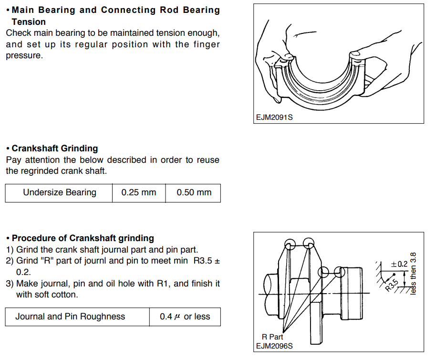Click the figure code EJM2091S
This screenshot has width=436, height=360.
(274, 117)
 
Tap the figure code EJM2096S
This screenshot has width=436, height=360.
(274, 346)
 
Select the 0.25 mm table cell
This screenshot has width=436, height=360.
(139, 193)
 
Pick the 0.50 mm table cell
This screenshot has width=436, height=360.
(194, 193)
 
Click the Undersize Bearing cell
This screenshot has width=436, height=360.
(60, 193)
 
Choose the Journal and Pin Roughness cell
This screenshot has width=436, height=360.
(70, 317)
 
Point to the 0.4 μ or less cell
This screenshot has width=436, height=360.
(185, 317)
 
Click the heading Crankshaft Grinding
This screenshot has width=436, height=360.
(55, 148)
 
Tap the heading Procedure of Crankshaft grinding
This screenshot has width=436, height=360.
(83, 238)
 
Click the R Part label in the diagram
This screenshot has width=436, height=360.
(272, 337)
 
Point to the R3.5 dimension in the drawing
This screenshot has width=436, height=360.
(392, 285)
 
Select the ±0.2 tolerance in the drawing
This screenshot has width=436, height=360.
(399, 264)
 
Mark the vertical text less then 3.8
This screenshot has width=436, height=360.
(413, 273)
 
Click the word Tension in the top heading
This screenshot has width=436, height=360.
(29, 22)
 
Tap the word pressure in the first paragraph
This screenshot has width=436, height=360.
(24, 55)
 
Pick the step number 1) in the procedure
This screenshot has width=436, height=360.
(10, 250)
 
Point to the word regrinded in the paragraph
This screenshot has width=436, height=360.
(40, 171)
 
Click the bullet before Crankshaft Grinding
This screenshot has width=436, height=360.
(8, 148)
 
